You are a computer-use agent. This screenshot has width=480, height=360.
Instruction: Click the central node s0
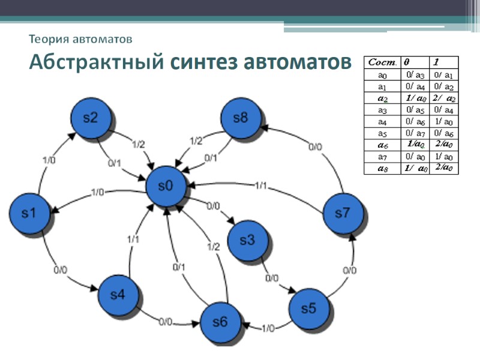click(x=166, y=187)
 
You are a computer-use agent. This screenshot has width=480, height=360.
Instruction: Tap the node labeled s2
click(x=91, y=118)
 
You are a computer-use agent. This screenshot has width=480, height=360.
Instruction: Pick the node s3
click(x=248, y=241)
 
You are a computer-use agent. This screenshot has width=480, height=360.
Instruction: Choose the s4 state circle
click(x=118, y=295)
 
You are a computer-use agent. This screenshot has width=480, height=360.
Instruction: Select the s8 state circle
click(x=241, y=118)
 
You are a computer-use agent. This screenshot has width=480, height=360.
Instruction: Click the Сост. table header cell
click(x=382, y=62)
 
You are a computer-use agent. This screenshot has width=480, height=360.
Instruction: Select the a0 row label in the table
click(x=382, y=75)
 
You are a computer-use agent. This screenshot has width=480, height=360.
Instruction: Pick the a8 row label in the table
click(x=382, y=169)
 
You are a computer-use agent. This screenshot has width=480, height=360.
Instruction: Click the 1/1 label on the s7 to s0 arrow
click(x=262, y=185)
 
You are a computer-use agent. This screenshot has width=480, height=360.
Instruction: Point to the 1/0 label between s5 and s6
click(x=268, y=328)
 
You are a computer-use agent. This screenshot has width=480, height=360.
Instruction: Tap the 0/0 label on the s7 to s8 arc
click(x=314, y=146)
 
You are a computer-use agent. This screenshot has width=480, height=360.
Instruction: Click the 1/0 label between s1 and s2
click(x=51, y=160)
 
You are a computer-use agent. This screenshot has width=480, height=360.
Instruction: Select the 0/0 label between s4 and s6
click(x=166, y=322)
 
